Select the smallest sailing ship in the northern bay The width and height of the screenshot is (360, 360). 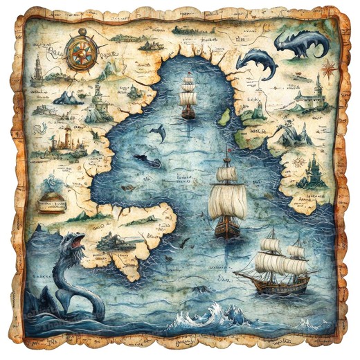click(188, 98)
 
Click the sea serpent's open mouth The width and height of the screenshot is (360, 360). click(75, 243)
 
